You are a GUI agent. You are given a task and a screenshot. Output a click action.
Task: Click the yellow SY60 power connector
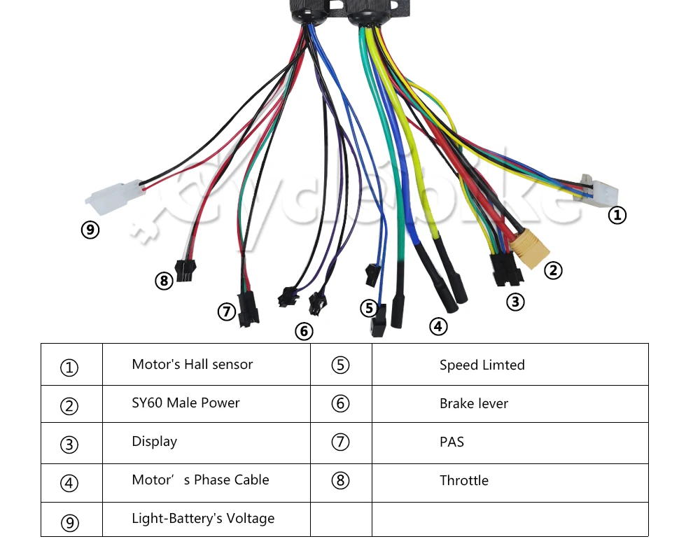531,248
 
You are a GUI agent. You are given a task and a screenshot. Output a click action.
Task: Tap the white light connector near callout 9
114,197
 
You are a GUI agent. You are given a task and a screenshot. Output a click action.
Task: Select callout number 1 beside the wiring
617,215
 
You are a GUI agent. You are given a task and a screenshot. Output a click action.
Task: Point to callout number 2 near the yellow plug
553,270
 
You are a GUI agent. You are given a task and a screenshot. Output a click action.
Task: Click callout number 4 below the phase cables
438,326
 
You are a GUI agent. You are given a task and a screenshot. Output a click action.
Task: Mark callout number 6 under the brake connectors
304,331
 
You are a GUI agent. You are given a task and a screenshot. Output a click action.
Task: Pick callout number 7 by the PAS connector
226,311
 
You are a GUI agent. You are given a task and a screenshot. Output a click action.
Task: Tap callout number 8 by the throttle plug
164,281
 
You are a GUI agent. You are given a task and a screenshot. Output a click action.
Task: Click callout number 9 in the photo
90,230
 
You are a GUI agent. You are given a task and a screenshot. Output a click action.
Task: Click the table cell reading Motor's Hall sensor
192,365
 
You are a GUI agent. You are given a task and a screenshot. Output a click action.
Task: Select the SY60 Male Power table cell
185,402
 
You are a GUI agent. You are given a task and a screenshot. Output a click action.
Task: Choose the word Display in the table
155,442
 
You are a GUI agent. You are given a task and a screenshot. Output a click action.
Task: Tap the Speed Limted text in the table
482,365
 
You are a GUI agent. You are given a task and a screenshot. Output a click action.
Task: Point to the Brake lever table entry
474,403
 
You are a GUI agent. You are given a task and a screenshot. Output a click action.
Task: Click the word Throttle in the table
464,480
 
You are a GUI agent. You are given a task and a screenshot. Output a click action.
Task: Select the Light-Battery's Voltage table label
203,519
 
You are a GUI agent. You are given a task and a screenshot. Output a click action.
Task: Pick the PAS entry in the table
451,442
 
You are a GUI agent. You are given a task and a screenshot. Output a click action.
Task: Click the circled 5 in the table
340,365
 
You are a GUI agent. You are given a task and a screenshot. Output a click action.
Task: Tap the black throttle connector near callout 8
185,271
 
